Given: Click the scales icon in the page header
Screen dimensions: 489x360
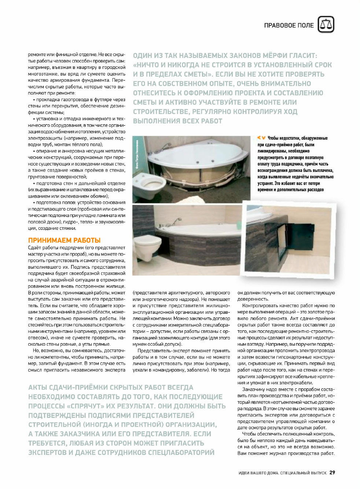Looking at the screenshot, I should (326, 25).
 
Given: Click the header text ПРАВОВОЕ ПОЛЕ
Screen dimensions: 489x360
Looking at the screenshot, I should (289, 25).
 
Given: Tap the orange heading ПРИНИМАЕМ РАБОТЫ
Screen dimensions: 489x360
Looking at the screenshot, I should (64, 240).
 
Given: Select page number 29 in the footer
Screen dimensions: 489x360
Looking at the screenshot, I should (332, 473).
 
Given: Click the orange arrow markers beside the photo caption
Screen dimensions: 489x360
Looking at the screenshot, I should (261, 138).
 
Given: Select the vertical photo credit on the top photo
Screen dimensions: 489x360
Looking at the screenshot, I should (138, 154).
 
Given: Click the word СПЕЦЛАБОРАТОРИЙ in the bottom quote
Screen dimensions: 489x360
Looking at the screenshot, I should (181, 452).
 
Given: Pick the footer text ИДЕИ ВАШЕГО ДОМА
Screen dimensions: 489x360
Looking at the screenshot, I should (258, 473).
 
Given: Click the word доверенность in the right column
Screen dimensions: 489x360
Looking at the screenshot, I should (253, 299).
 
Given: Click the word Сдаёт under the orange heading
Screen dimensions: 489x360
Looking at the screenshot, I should (35, 248).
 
